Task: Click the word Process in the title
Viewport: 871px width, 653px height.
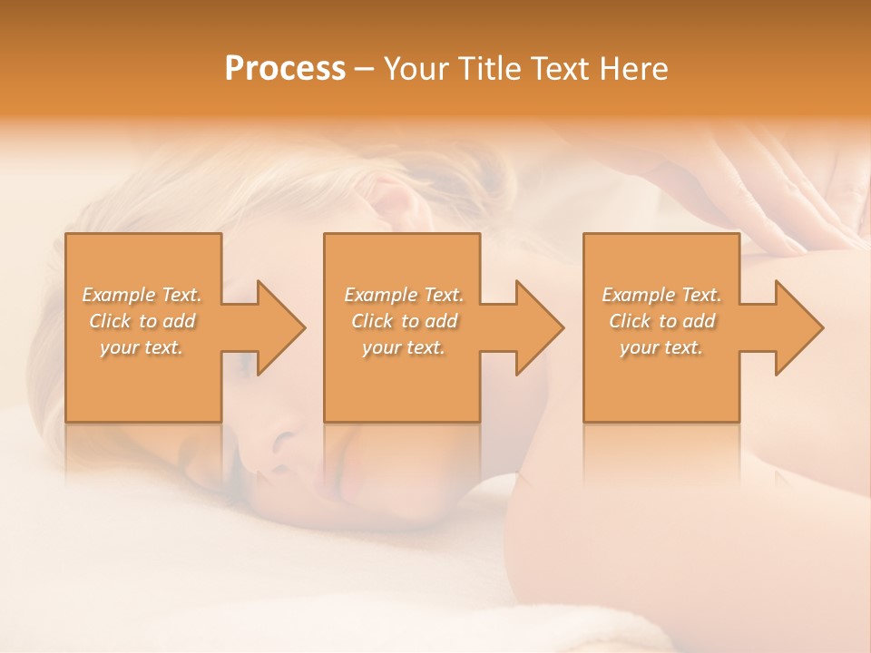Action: [285, 69]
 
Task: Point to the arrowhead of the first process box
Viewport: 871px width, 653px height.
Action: [278, 327]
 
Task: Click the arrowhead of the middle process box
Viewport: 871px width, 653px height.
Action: [536, 327]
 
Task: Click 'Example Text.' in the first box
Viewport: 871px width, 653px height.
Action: [142, 295]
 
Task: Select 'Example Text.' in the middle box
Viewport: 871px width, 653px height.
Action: [404, 295]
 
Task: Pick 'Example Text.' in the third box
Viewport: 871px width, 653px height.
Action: [661, 295]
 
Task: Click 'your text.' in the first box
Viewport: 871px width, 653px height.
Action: [142, 347]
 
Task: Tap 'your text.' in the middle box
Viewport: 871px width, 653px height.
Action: [404, 347]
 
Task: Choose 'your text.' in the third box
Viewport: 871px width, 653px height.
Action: [661, 347]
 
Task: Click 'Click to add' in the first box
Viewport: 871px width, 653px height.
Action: [142, 321]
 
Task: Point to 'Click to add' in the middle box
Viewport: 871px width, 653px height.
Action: [404, 321]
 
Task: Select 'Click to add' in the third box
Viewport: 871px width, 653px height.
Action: [661, 321]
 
